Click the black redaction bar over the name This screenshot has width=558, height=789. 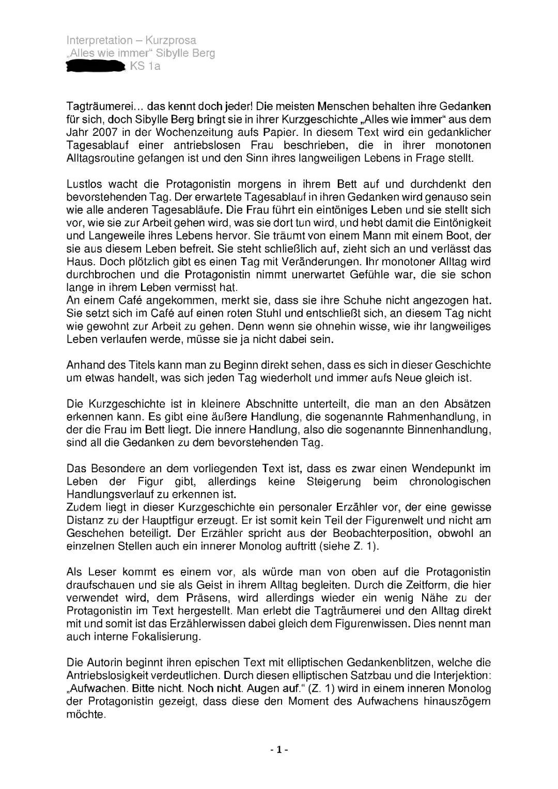point(96,66)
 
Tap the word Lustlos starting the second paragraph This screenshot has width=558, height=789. point(84,184)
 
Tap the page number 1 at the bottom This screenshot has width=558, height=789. point(278,750)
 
